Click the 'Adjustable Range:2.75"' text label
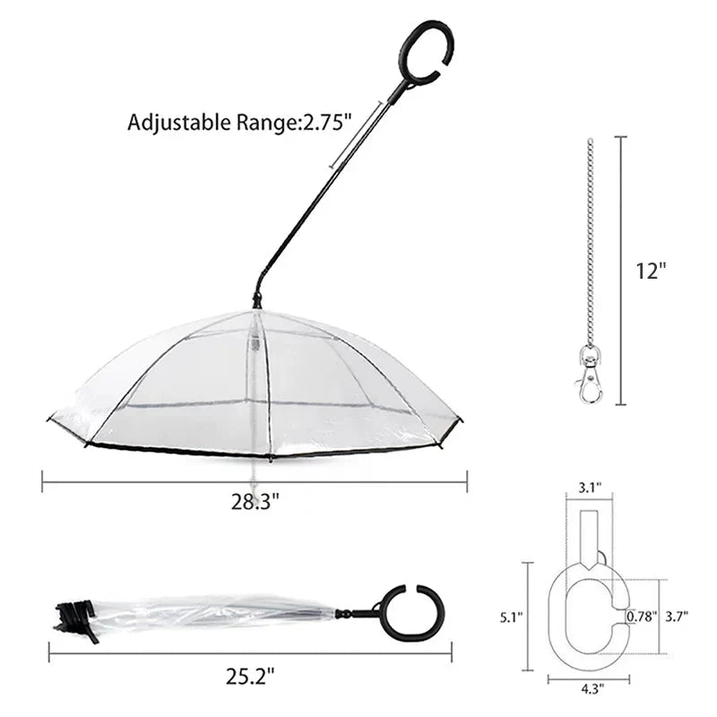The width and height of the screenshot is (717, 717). coord(236,123)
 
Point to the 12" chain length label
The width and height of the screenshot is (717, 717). coord(652,271)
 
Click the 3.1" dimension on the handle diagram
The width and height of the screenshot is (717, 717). coord(590,488)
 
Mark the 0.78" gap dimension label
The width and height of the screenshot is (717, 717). coord(643,617)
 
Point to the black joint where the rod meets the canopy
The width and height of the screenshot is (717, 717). coord(258,300)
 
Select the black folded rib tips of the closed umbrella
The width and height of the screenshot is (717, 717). coord(74,618)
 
